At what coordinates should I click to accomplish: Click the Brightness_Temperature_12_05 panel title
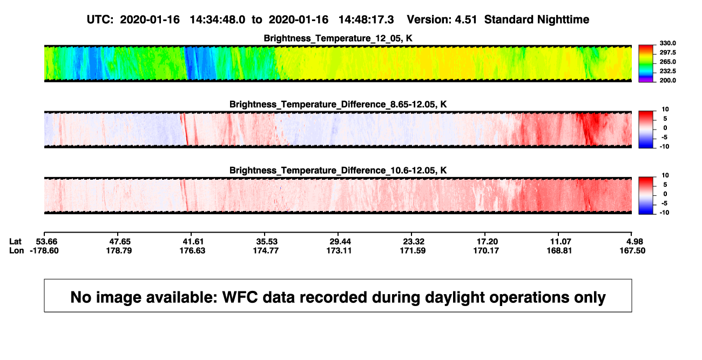pyautogui.click(x=338, y=38)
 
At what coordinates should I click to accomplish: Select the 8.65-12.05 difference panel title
pyautogui.click(x=338, y=104)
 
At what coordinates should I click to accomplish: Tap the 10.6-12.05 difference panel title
pyautogui.click(x=338, y=171)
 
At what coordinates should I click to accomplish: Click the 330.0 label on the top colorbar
pyautogui.click(x=667, y=43)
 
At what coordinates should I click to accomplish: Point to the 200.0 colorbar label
pyautogui.click(x=667, y=80)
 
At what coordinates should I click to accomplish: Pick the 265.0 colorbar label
pyautogui.click(x=667, y=62)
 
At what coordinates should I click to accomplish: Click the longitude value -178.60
pyautogui.click(x=44, y=250)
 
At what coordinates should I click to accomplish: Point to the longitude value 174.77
pyautogui.click(x=266, y=250)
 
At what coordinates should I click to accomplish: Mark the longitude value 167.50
pyautogui.click(x=632, y=250)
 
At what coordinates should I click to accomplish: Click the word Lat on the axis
pyautogui.click(x=15, y=242)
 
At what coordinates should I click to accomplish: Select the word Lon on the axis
pyautogui.click(x=17, y=250)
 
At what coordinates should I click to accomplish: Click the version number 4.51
pyautogui.click(x=465, y=20)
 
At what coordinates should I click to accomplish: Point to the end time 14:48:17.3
pyautogui.click(x=366, y=20)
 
